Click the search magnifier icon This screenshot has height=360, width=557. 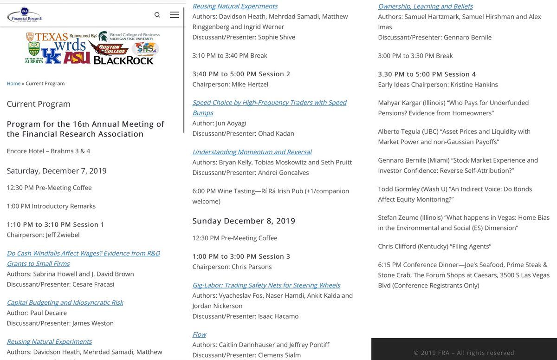(x=157, y=15)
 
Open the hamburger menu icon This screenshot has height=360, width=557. (x=174, y=15)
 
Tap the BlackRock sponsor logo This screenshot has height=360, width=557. (x=123, y=60)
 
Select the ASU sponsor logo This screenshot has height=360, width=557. (x=77, y=58)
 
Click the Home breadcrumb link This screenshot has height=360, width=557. (x=13, y=84)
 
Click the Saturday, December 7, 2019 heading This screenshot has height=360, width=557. (x=57, y=171)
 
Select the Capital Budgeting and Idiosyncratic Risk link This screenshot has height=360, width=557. (x=65, y=302)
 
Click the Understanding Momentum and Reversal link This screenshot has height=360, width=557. (x=252, y=152)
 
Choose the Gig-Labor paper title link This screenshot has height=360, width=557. (x=266, y=285)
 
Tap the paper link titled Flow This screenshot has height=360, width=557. (x=199, y=334)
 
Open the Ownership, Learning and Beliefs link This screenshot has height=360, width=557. (x=425, y=6)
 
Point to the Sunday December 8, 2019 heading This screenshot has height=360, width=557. (x=244, y=221)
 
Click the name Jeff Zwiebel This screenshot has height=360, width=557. (x=63, y=235)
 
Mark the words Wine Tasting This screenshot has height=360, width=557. (x=245, y=191)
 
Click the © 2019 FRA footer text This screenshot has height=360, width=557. (x=464, y=353)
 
